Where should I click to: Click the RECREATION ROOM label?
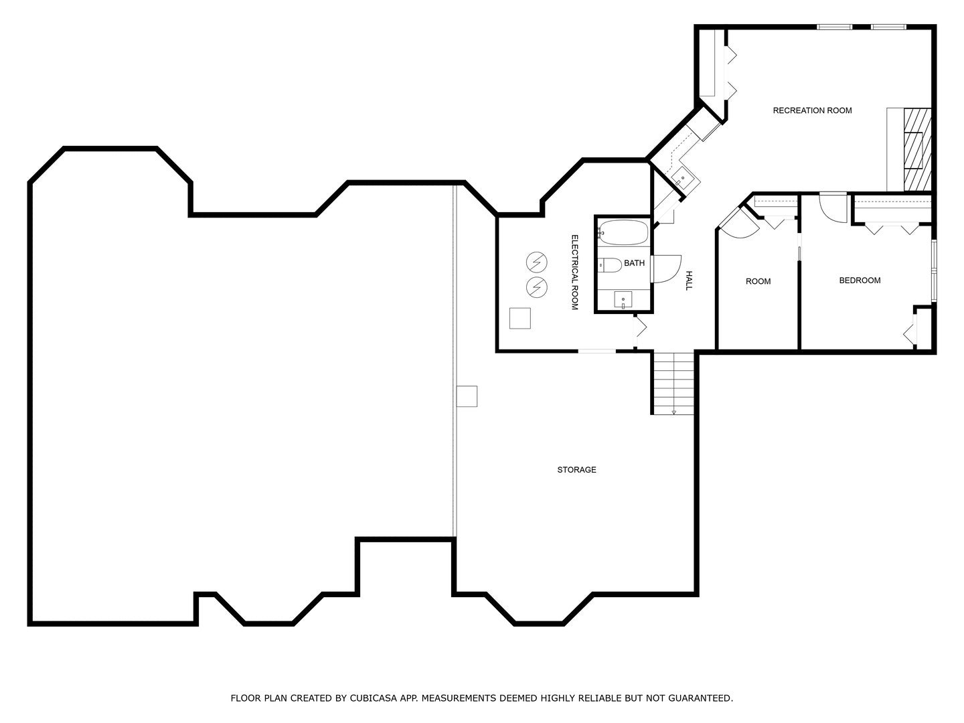pyautogui.click(x=812, y=110)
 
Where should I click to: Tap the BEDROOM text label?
pyautogui.click(x=860, y=280)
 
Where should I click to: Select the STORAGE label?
pyautogui.click(x=576, y=470)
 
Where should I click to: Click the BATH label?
pyautogui.click(x=634, y=263)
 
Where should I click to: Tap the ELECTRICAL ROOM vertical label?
pyautogui.click(x=574, y=272)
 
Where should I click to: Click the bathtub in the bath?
pyautogui.click(x=623, y=233)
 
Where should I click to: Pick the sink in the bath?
pyautogui.click(x=623, y=300)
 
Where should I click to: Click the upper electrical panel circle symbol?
pyautogui.click(x=536, y=262)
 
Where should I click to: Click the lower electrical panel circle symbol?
pyautogui.click(x=536, y=287)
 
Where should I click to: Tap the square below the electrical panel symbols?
pyautogui.click(x=520, y=318)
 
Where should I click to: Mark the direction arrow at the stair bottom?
pyautogui.click(x=673, y=412)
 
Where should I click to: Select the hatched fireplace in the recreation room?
pyautogui.click(x=916, y=149)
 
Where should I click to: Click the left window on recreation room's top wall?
pyautogui.click(x=834, y=27)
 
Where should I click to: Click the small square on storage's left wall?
pyautogui.click(x=467, y=396)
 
